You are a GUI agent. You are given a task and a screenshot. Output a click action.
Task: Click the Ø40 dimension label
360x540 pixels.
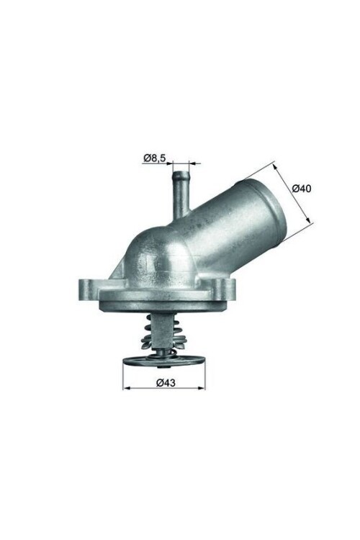[302, 189]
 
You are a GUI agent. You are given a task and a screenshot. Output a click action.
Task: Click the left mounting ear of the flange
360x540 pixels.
[88, 288]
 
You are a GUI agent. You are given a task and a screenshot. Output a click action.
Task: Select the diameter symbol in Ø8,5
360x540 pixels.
[146, 158]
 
